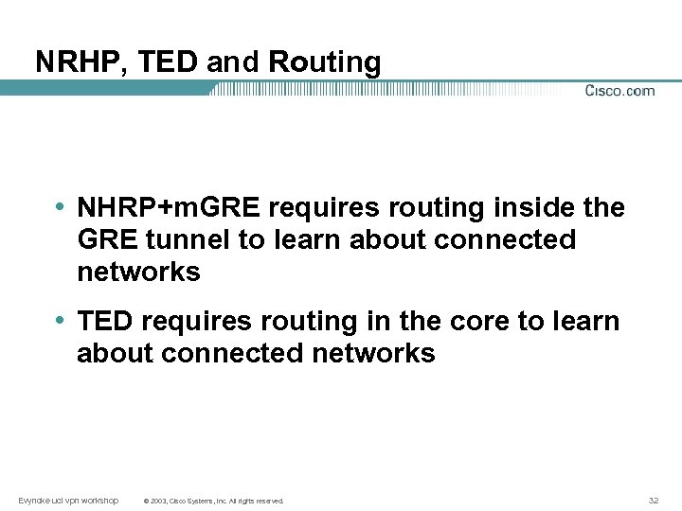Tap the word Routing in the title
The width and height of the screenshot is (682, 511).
pos(325,62)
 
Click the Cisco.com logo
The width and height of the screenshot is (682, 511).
pos(619,91)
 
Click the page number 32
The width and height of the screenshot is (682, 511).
pos(654,500)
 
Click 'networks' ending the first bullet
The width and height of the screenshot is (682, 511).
pos(138,273)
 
